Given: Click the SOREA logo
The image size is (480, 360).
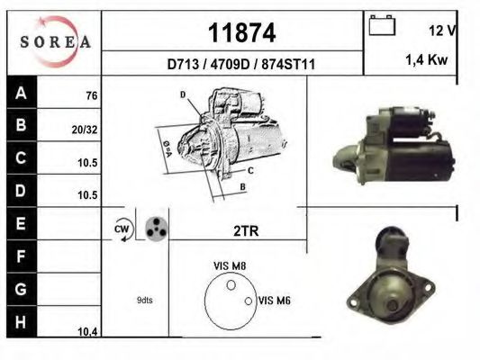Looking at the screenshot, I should pyautogui.click(x=55, y=41).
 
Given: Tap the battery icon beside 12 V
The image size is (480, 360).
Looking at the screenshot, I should pyautogui.click(x=383, y=28).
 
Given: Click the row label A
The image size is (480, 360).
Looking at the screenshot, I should pyautogui.click(x=21, y=93).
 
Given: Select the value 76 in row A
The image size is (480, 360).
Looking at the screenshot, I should pyautogui.click(x=91, y=95).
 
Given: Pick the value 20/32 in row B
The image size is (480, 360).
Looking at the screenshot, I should pyautogui.click(x=85, y=129).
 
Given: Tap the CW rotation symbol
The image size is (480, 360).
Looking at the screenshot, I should pyautogui.click(x=122, y=230).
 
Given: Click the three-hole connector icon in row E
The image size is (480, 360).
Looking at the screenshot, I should pyautogui.click(x=156, y=228).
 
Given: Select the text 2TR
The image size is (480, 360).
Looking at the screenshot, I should pyautogui.click(x=245, y=230).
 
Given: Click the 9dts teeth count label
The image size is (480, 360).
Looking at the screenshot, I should pyautogui.click(x=144, y=300).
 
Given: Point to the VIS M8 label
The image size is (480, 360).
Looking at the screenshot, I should pyautogui.click(x=229, y=265).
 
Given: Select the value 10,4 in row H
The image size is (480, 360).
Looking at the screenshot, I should pyautogui.click(x=87, y=332).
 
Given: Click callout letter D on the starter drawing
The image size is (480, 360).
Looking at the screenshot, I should pyautogui.click(x=182, y=94).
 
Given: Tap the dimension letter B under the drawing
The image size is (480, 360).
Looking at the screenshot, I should pyautogui.click(x=242, y=186).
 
